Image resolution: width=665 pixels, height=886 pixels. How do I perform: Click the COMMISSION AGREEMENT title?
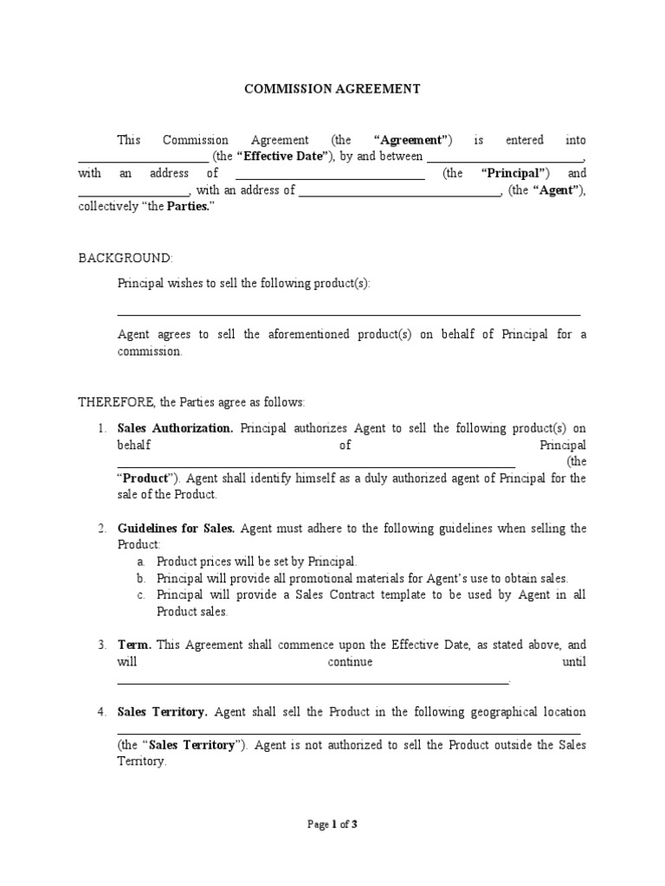pyautogui.click(x=332, y=88)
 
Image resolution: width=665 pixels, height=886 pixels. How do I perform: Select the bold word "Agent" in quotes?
pyautogui.click(x=556, y=190)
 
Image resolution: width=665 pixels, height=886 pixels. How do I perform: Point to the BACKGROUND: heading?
pyautogui.click(x=126, y=258)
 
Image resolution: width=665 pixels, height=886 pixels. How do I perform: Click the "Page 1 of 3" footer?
pyautogui.click(x=332, y=825)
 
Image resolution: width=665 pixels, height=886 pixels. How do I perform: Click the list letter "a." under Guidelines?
pyautogui.click(x=140, y=562)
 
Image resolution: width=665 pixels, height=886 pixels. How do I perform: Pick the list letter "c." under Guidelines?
pyautogui.click(x=140, y=595)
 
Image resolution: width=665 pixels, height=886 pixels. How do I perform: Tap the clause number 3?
pyautogui.click(x=101, y=645)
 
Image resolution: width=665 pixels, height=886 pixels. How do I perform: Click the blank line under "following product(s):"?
pyautogui.click(x=348, y=315)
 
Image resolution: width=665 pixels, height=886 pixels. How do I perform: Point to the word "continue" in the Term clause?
pyautogui.click(x=350, y=662)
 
